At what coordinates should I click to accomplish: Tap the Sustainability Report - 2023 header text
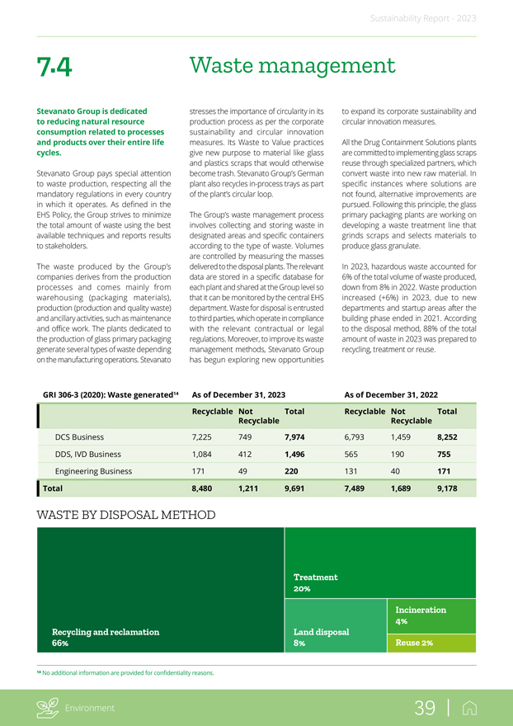[x=421, y=17]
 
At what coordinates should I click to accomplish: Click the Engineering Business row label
[x=93, y=471]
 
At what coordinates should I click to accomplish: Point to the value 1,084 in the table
[x=205, y=454]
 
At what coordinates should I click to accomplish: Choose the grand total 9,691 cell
[x=297, y=488]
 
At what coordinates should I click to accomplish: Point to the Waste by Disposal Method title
[x=126, y=516]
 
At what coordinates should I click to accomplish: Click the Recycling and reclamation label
[x=105, y=632]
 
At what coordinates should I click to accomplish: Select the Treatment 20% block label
[x=315, y=583]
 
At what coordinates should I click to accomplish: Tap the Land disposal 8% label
[x=321, y=637]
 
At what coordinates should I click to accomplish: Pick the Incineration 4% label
[x=421, y=615]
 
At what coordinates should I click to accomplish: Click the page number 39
[x=425, y=707]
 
